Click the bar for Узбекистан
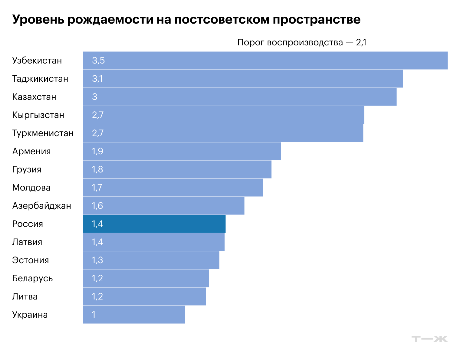coord(265,61)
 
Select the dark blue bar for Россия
coord(154,224)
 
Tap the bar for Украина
coord(134,315)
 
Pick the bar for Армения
coord(182,151)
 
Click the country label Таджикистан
coord(40,79)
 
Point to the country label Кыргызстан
coord(38,115)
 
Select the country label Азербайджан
coord(41,206)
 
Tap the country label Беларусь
coord(32,278)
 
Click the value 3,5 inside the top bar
coord(98,61)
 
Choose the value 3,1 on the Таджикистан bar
coord(97,79)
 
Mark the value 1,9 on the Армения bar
coord(97,151)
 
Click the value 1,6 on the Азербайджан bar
coord(97,206)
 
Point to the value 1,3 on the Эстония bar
coord(97,260)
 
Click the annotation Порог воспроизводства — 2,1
coord(302,42)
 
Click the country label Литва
coord(25,296)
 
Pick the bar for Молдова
coord(173,188)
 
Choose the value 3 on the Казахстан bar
coord(95,97)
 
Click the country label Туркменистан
coord(43,133)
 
